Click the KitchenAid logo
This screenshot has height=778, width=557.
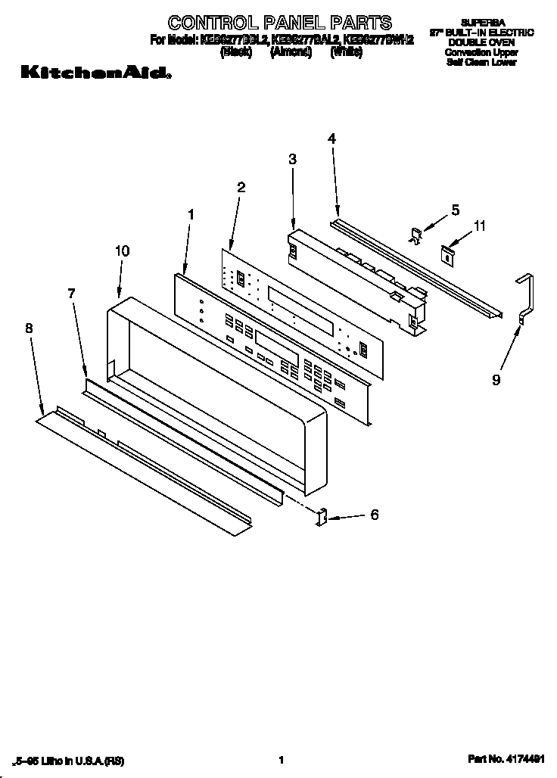tap(95, 73)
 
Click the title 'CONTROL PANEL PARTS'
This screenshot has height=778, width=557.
tap(280, 22)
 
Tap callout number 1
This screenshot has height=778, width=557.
tap(191, 215)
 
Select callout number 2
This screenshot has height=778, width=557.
tap(241, 187)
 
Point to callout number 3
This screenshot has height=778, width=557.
tap(292, 159)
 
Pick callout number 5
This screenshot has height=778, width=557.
tap(455, 210)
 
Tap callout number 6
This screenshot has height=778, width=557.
tap(374, 515)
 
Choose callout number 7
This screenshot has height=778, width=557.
tap(72, 294)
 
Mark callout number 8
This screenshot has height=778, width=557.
tap(29, 328)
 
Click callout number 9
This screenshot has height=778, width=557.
tap(496, 381)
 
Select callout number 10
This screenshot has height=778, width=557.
tap(122, 251)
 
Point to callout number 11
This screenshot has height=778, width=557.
tap(480, 226)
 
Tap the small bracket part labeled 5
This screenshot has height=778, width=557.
tap(415, 235)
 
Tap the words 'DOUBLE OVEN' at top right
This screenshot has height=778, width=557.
tap(481, 43)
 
